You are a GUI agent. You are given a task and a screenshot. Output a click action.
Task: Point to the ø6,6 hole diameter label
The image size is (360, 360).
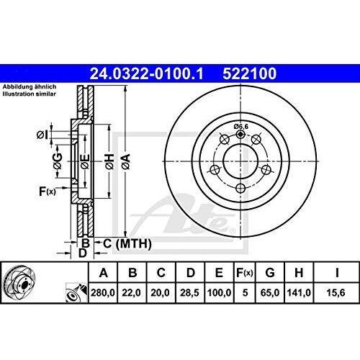(241, 127)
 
